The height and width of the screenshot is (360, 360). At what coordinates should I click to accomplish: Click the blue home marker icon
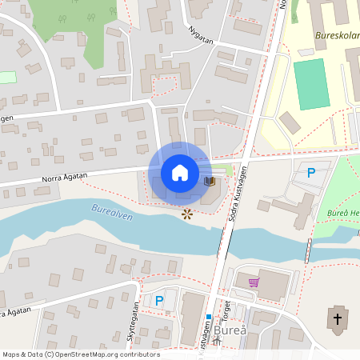[x=180, y=172]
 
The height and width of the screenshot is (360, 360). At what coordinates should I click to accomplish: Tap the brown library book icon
[x=210, y=182]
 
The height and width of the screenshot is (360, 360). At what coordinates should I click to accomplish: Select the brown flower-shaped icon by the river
[x=187, y=214]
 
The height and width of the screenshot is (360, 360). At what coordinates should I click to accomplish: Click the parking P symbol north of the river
[x=311, y=172]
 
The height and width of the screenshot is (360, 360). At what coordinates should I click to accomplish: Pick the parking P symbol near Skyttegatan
[x=159, y=300]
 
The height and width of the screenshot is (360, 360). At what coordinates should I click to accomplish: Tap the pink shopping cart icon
[x=254, y=282]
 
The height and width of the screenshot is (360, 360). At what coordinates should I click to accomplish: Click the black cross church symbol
[x=337, y=320]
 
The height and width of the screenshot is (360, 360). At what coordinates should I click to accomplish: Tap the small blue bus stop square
[x=208, y=317]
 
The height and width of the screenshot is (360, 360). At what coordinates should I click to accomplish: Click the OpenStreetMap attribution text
[x=80, y=354]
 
